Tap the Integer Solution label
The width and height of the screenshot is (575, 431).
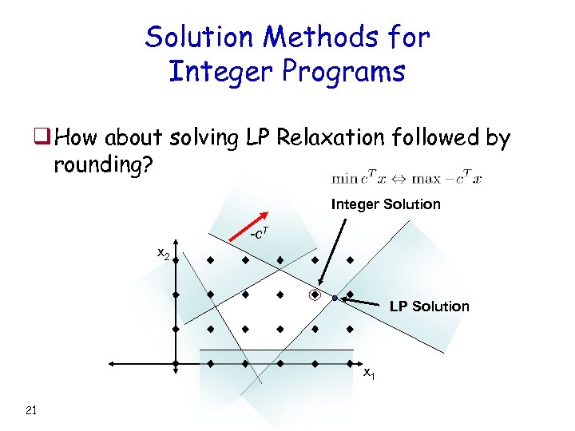pos(386,204)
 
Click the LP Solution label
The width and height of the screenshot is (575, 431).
pos(429,306)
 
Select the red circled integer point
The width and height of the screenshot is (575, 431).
pos(315,295)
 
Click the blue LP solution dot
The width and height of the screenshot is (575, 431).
pos(335,298)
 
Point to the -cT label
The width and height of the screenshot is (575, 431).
pos(259,234)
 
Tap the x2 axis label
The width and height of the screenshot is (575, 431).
pos(162,254)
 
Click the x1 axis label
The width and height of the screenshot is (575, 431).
pos(369,373)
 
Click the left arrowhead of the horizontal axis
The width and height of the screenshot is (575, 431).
pos(113,364)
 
